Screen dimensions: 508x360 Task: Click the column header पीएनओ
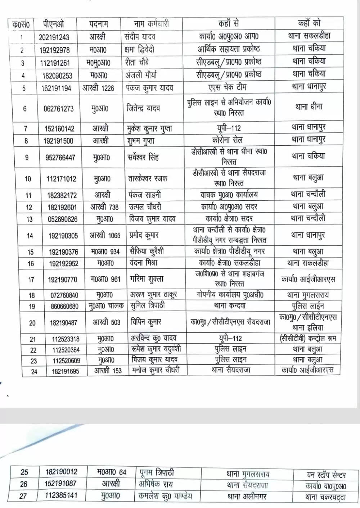click(53, 24)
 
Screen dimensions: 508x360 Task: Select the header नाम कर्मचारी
click(151, 24)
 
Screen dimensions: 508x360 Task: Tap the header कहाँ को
click(309, 23)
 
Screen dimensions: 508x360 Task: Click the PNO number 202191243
click(54, 37)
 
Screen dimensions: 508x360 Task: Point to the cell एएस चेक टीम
click(227, 87)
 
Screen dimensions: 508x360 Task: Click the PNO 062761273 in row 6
click(58, 108)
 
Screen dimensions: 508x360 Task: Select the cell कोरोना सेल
click(227, 140)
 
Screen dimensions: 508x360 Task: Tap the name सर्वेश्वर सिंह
click(143, 157)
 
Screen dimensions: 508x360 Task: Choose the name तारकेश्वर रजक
click(147, 178)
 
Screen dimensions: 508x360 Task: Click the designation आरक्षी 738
click(104, 207)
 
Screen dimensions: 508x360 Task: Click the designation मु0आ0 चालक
click(106, 306)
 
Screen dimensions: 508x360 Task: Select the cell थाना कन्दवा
click(229, 306)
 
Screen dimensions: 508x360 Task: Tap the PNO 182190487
click(63, 323)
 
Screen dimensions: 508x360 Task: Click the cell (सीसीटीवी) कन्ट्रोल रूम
click(308, 338)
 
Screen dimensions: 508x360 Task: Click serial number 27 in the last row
click(23, 496)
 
